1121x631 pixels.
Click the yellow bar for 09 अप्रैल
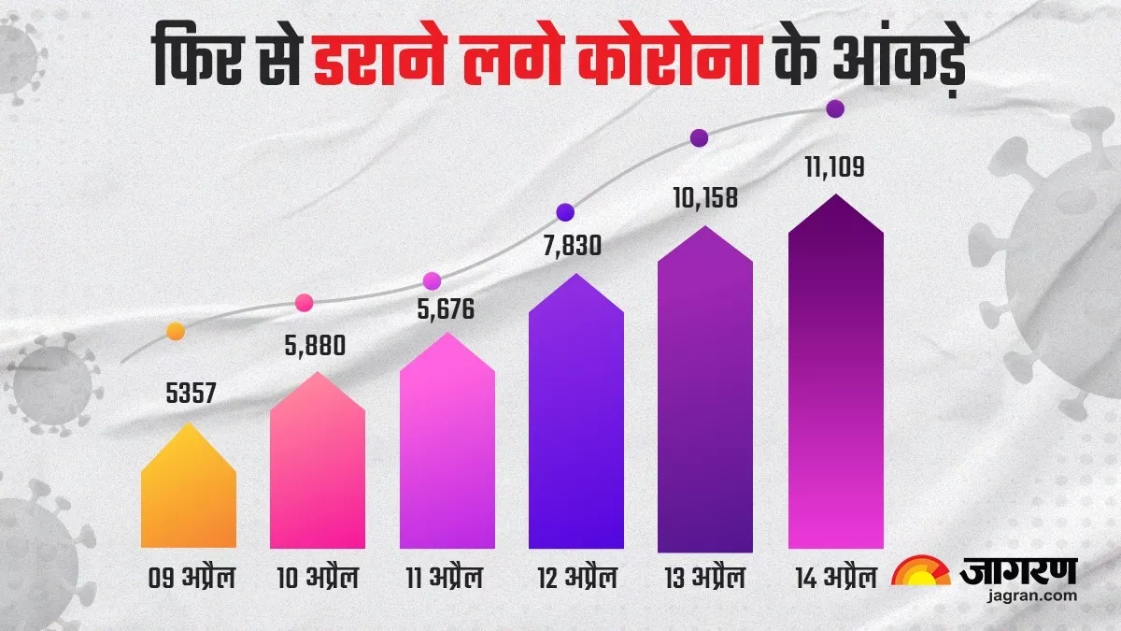189,495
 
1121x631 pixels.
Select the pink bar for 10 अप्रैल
318,467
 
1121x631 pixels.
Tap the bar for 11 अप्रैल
447,449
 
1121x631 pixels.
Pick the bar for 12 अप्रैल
575,421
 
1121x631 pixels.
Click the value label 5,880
314,345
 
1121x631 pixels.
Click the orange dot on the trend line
176,331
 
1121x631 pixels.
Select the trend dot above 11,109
835,109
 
